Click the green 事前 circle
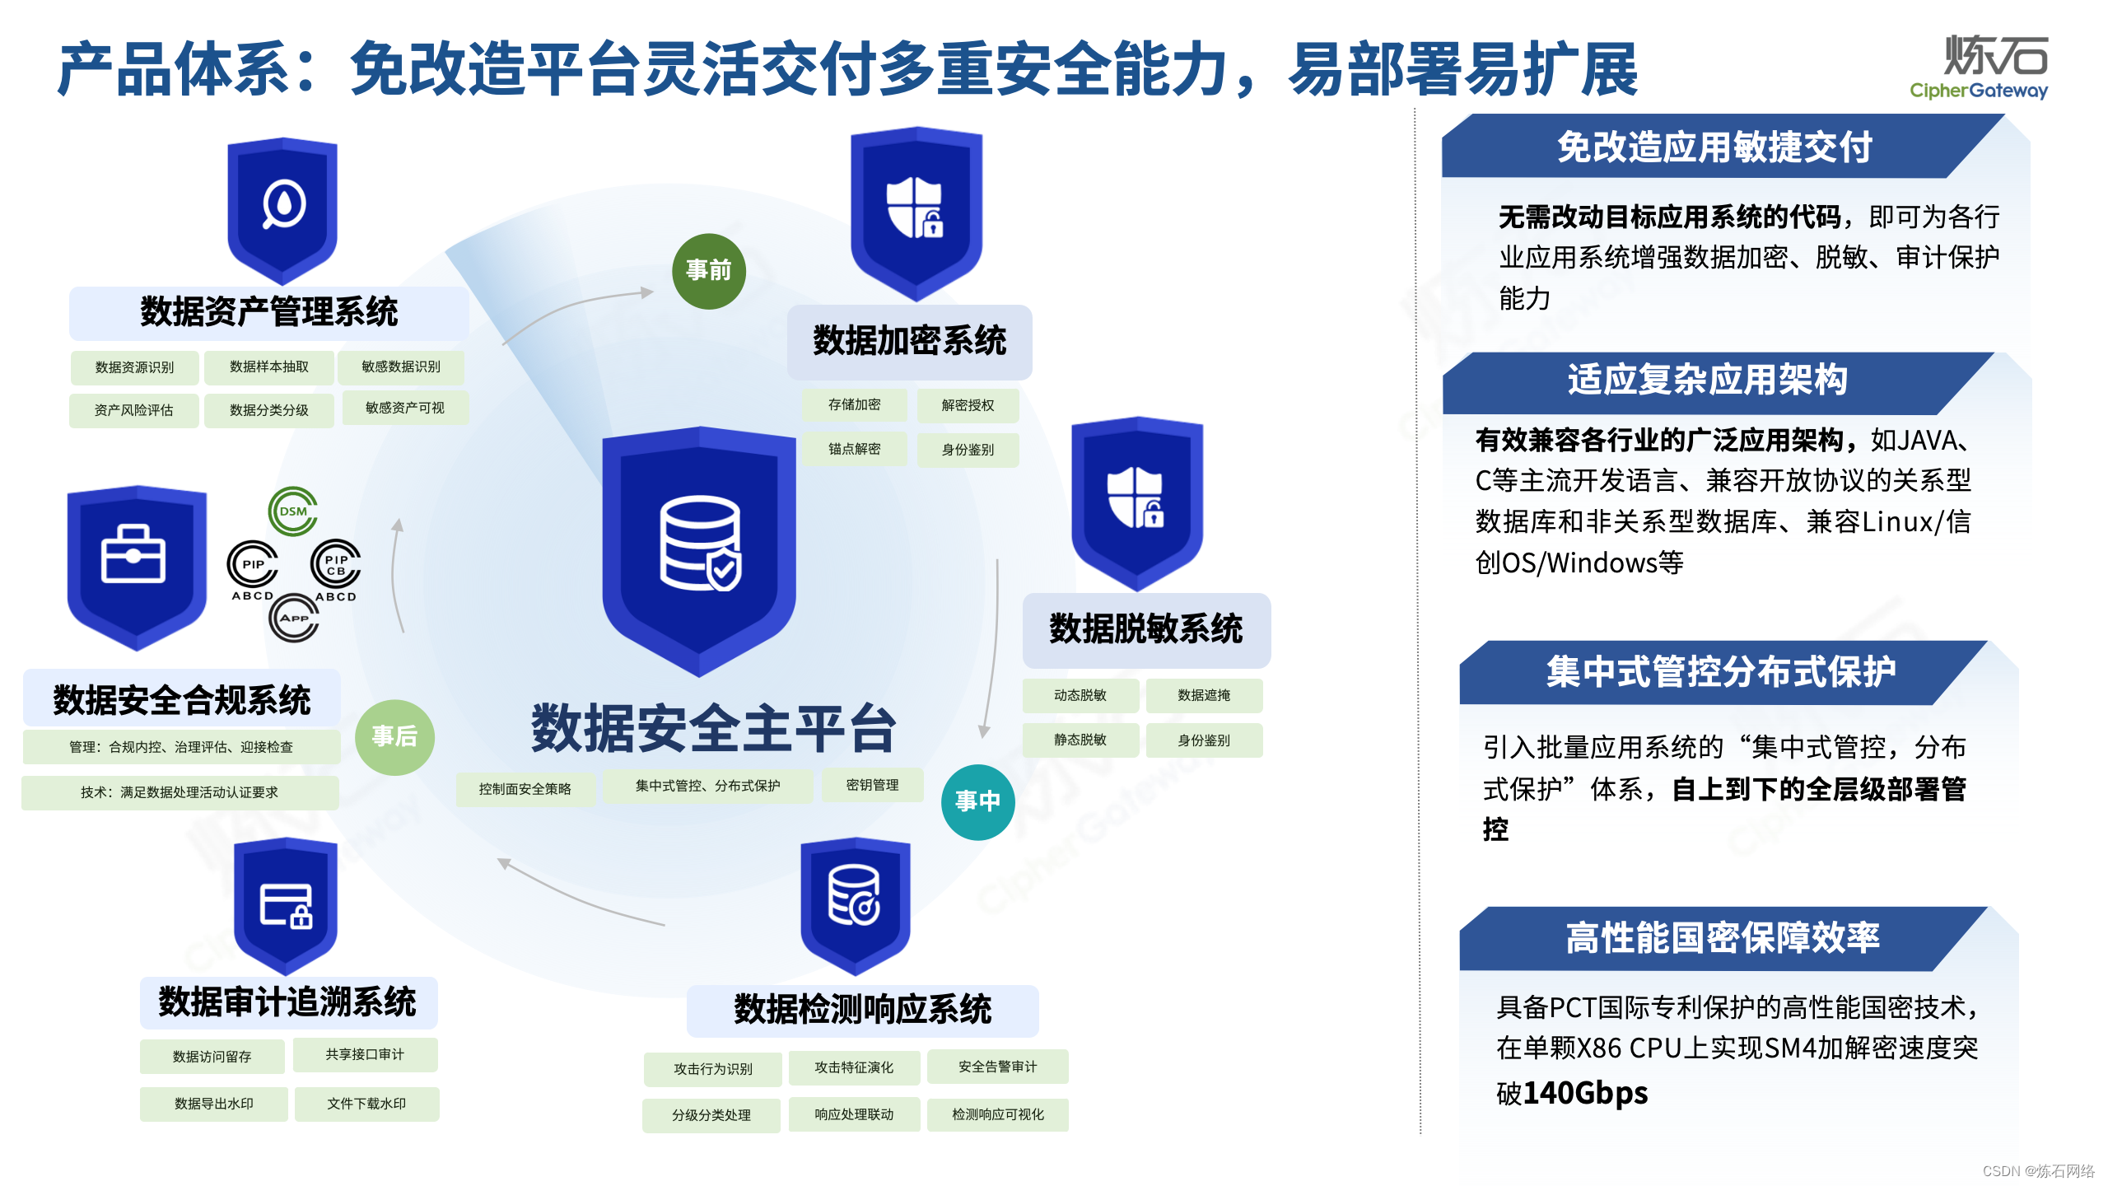pos(708,271)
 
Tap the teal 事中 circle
pos(977,801)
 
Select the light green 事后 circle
pos(394,736)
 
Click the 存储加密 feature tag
pos(854,405)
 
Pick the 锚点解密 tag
pos(854,449)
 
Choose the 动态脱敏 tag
pos(1080,696)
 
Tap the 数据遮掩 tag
pos(1204,696)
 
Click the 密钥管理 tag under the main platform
pos(872,786)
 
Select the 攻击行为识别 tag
pos(713,1069)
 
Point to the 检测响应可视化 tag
pos(998,1115)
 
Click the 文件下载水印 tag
pos(366,1104)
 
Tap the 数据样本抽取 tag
pos(269,367)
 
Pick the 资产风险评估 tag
pos(134,410)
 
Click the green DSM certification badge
pos(293,511)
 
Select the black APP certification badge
pos(294,618)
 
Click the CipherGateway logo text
pos(1979,91)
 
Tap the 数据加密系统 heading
pos(909,341)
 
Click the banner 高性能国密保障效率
pos(1723,938)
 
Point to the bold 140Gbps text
pos(1585,1093)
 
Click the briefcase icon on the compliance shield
pos(133,554)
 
